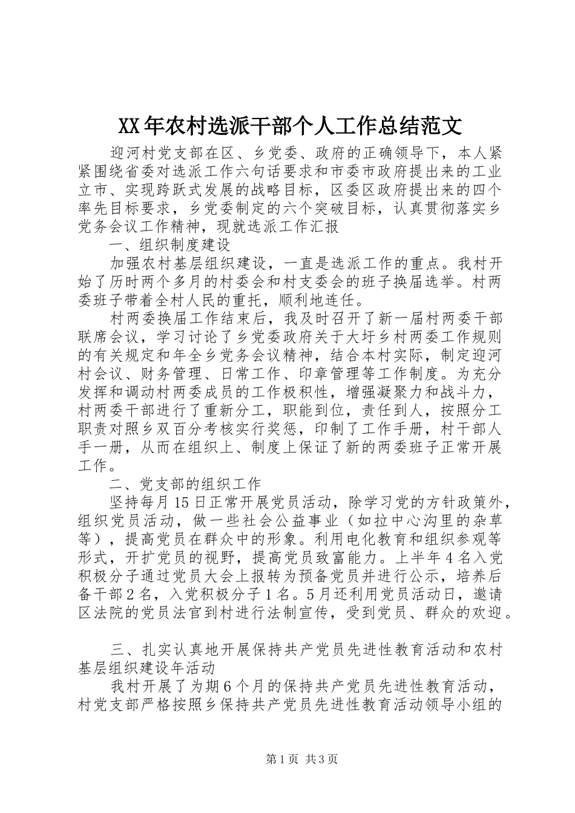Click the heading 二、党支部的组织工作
point(185,484)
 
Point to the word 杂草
point(485,520)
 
